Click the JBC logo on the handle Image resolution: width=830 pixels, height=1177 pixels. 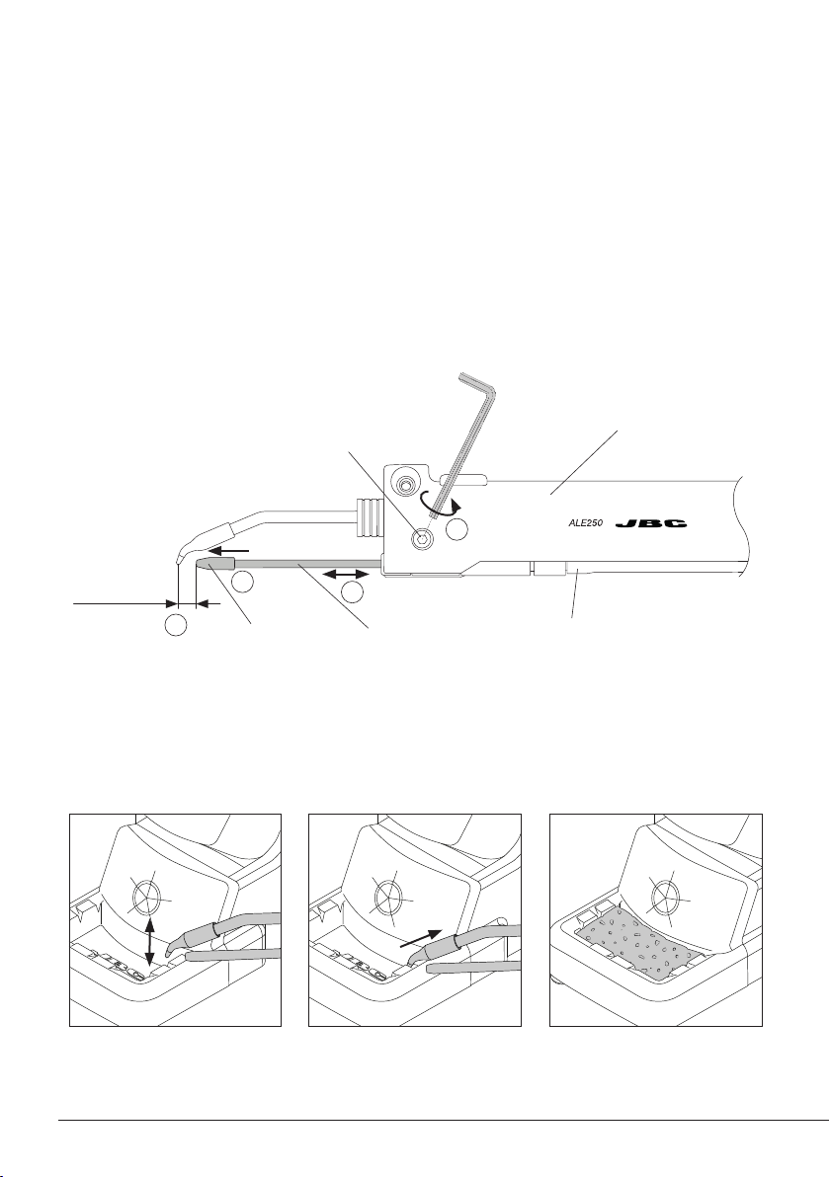pos(652,523)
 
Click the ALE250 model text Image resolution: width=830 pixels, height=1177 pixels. pos(586,523)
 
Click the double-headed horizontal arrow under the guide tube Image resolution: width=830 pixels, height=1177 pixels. pos(346,574)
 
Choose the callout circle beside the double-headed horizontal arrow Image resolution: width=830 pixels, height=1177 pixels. pos(352,592)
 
